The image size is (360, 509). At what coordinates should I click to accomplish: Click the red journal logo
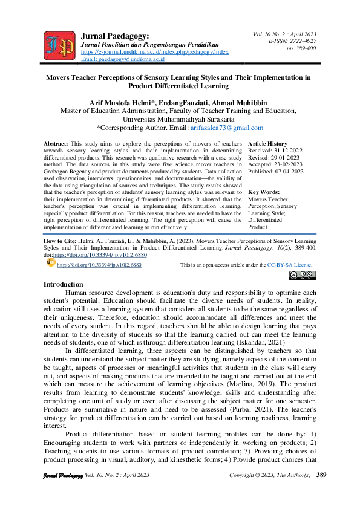point(59,44)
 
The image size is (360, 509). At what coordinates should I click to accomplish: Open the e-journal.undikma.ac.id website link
point(154,53)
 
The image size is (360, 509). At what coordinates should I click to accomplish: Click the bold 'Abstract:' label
point(56,143)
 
